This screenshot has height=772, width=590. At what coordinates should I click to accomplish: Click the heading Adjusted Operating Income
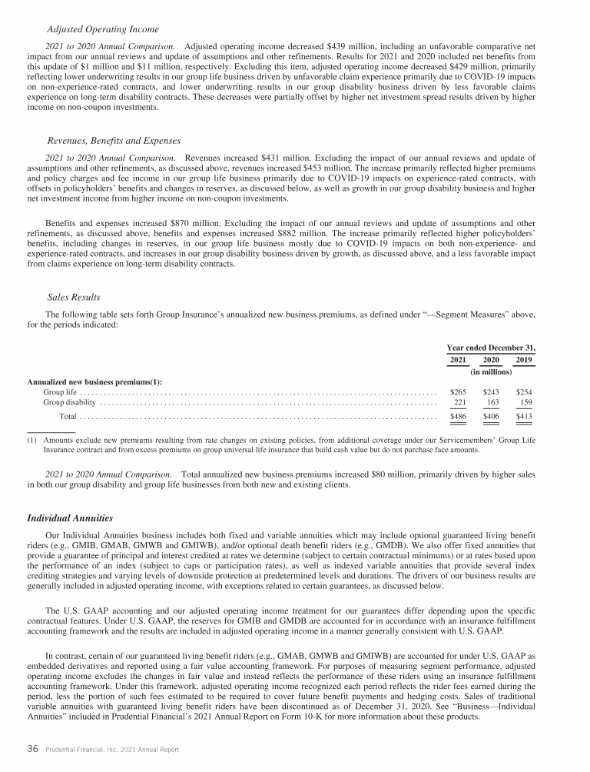103,29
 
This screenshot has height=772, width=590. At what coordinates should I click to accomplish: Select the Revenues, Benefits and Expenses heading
114,141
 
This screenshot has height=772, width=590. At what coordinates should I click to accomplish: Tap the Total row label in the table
68,417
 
